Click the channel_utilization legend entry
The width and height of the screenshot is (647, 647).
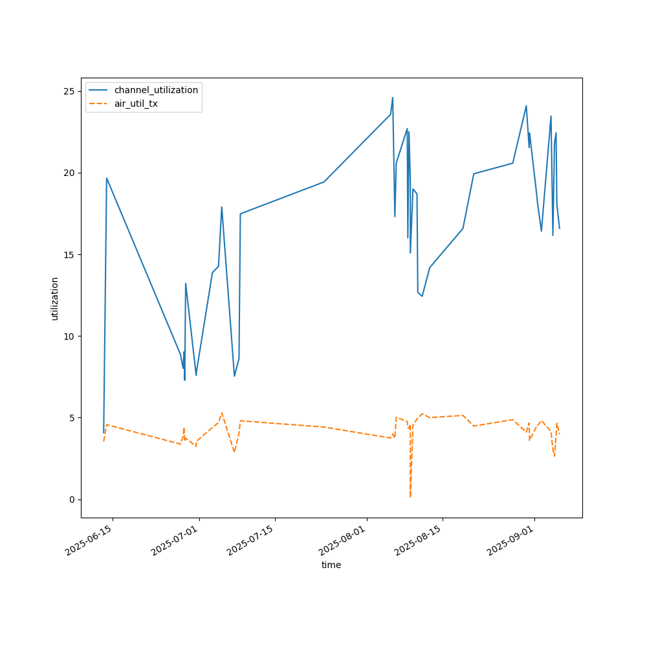[156, 90]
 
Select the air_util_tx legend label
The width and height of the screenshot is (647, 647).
[136, 104]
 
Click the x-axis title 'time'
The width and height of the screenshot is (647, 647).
[331, 565]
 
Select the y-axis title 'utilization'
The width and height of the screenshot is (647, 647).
[55, 298]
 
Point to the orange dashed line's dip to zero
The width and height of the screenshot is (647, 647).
[410, 496]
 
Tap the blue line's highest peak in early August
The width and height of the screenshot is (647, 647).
[393, 98]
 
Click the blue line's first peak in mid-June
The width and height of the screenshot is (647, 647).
[107, 178]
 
